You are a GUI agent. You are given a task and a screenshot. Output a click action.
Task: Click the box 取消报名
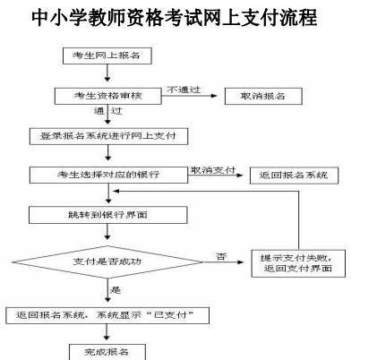click(x=259, y=96)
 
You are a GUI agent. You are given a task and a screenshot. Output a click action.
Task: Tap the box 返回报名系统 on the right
click(x=295, y=175)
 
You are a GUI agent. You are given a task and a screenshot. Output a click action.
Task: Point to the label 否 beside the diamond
click(x=221, y=256)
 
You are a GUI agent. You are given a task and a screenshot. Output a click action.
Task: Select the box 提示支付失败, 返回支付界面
click(x=296, y=262)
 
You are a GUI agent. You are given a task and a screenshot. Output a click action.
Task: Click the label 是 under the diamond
click(x=115, y=289)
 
